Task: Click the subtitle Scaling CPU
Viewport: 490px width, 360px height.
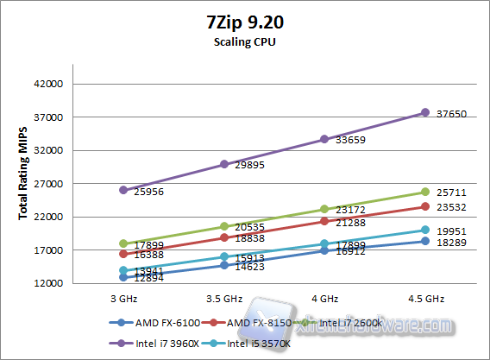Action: [x=243, y=40]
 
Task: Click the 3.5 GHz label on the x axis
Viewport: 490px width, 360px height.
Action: [x=223, y=299]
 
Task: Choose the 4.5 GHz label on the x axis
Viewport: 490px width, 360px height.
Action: [x=424, y=299]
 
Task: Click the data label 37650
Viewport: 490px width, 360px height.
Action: [x=452, y=113]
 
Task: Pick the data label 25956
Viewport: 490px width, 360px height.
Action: [x=148, y=193]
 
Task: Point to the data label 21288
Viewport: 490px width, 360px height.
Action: [x=351, y=223]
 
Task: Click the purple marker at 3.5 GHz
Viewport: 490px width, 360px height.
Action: [x=224, y=164]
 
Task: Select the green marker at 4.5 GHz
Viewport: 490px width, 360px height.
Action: [x=424, y=192]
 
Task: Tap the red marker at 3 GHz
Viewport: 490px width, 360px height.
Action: [x=123, y=254]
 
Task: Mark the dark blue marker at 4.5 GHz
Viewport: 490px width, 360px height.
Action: [x=424, y=241]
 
